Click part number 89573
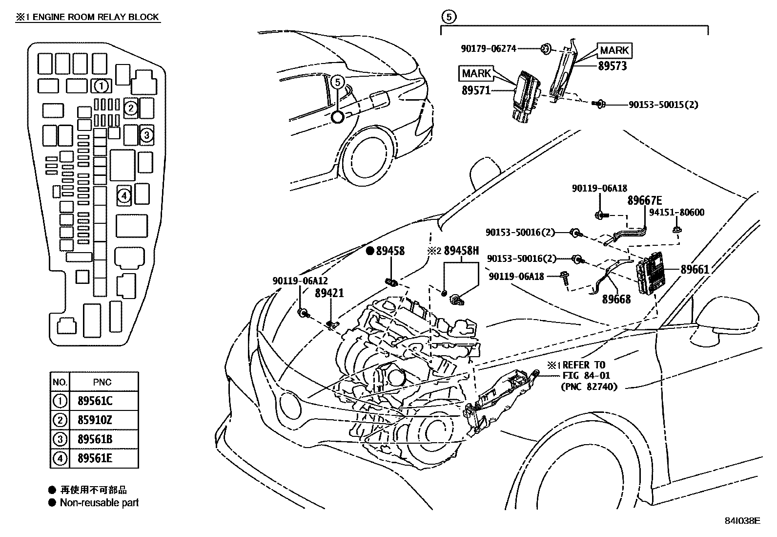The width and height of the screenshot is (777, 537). tap(612, 66)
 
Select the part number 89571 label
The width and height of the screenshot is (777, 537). tap(476, 90)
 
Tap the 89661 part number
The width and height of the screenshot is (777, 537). tap(695, 269)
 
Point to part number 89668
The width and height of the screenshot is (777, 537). tap(616, 299)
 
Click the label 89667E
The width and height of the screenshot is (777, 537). tap(645, 200)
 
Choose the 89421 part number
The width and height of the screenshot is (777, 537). tap(329, 293)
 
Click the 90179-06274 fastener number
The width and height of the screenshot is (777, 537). tap(489, 49)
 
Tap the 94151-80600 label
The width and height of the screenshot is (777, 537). tap(677, 212)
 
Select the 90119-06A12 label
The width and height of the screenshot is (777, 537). tap(300, 280)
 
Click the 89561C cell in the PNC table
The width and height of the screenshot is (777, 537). tap(95, 401)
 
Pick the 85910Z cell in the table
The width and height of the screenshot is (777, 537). tap(95, 420)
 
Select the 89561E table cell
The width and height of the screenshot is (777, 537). tap(95, 458)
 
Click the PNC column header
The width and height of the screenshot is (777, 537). tap(102, 382)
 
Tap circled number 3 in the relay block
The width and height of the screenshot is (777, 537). tap(146, 135)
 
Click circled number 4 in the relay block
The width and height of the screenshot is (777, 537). tap(124, 196)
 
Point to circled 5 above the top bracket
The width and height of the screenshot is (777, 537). tap(449, 17)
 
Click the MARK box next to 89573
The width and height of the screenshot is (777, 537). tap(614, 50)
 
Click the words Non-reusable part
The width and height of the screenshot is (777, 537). tap(99, 503)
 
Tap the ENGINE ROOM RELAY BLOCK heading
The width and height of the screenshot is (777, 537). tap(95, 17)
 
